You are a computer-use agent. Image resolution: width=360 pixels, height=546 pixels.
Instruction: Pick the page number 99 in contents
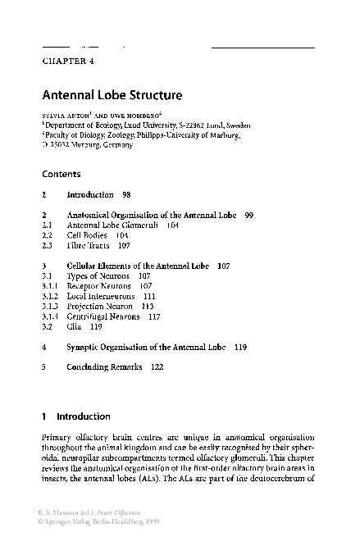tap(248, 215)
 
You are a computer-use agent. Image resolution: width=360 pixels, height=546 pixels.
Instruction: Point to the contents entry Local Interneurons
tap(103, 296)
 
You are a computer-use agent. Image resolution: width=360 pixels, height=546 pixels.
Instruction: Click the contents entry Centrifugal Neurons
tap(103, 316)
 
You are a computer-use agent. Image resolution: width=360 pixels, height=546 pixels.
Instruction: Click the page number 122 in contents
tap(158, 367)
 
